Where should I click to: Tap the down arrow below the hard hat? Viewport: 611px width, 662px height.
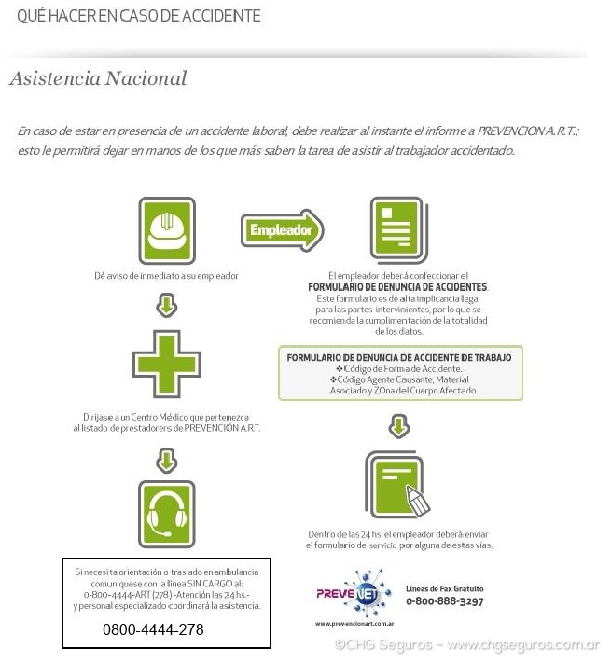(167, 304)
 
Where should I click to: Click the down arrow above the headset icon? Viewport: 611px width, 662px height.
(167, 458)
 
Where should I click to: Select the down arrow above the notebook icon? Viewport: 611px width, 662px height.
(399, 427)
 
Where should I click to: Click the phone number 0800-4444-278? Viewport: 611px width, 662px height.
(153, 630)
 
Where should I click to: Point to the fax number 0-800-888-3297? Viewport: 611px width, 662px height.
(444, 601)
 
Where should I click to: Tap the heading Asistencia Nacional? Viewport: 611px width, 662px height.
(98, 78)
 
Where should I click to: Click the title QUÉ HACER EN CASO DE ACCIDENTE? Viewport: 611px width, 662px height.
(139, 17)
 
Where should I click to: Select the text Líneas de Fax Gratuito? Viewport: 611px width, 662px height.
(445, 588)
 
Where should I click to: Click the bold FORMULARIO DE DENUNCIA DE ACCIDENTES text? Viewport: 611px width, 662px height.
(398, 287)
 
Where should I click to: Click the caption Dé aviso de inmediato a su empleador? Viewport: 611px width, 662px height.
(167, 276)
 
